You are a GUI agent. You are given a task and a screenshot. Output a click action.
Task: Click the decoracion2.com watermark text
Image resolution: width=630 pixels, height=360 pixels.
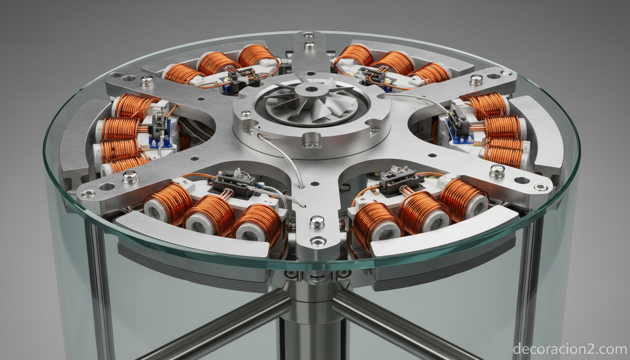click(x=570, y=349)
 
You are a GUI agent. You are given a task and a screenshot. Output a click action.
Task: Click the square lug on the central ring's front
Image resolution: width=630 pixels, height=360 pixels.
click(x=311, y=140)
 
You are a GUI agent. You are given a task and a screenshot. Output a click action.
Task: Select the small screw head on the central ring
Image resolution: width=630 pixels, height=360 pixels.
click(x=246, y=113)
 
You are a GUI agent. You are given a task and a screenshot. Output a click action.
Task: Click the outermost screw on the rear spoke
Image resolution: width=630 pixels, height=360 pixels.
click(x=309, y=35)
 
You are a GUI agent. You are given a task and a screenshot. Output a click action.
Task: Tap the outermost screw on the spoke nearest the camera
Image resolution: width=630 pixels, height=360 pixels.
click(x=318, y=241)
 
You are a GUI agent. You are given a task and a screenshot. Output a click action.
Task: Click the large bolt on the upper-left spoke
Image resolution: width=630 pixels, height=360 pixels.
click(x=147, y=81)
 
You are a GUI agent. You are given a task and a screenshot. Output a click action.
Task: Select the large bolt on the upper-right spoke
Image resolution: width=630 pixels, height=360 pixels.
click(x=476, y=80)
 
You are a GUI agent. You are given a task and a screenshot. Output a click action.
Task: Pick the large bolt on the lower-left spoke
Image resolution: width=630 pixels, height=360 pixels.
click(x=130, y=177)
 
